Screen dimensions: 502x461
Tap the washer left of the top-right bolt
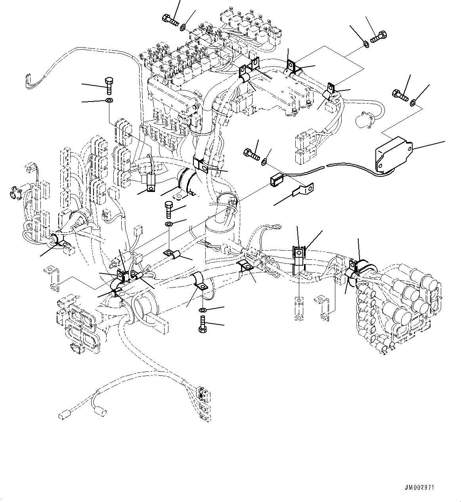pos(366,44)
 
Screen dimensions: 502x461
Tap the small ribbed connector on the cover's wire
pos(276,180)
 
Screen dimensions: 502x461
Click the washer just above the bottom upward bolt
pos(203,309)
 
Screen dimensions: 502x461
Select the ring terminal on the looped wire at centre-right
pos(277,227)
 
